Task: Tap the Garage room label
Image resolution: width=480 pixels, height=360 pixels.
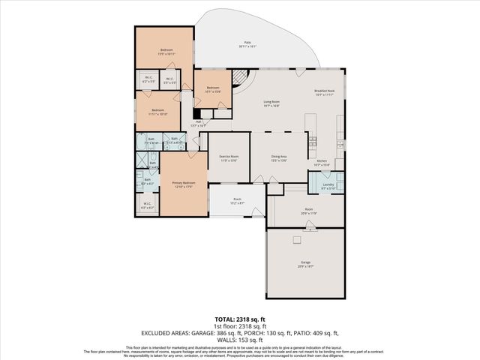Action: (x=305, y=263)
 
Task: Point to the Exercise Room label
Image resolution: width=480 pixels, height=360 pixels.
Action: (x=228, y=158)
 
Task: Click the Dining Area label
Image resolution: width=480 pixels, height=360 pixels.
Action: (x=279, y=158)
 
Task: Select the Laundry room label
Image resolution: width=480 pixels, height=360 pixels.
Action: (x=328, y=185)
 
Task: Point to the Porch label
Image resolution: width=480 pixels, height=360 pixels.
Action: (x=236, y=200)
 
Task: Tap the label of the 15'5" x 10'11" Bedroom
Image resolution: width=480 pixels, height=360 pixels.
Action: (x=166, y=52)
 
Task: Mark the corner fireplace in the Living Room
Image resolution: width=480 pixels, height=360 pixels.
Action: (x=241, y=77)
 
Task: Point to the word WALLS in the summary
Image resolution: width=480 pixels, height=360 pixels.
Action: (x=226, y=340)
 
